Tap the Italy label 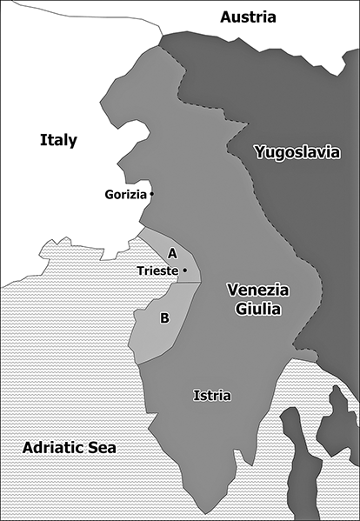point(58,140)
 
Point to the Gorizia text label point(125,193)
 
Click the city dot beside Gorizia point(152,193)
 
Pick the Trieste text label point(157,271)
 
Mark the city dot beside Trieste point(184,271)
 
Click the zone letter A point(172,253)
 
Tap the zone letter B point(164,318)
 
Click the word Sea point(103,448)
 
